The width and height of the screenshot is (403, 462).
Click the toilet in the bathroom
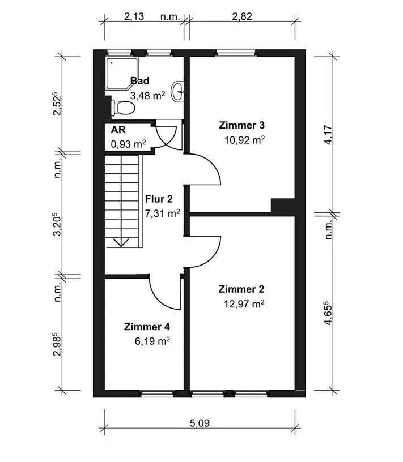(x=123, y=108)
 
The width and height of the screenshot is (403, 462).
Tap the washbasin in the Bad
(x=177, y=91)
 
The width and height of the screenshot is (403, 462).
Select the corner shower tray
(x=122, y=74)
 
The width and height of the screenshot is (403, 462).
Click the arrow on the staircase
(x=121, y=242)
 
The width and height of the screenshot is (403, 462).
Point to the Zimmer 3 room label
(x=241, y=125)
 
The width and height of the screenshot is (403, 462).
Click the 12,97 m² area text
(x=244, y=303)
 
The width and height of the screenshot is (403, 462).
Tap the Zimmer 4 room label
(x=147, y=327)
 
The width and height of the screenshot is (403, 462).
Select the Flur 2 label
(x=159, y=199)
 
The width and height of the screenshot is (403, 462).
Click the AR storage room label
(x=118, y=130)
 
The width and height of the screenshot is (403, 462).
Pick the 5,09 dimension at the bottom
(x=200, y=423)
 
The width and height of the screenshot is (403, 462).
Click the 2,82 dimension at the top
(x=242, y=16)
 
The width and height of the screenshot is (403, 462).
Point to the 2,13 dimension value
(x=134, y=16)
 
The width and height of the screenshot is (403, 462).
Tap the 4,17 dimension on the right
(x=328, y=135)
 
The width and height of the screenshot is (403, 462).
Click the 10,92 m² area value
(x=244, y=140)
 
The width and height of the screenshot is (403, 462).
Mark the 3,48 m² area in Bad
(x=147, y=96)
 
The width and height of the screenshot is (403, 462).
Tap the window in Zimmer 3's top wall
(x=236, y=53)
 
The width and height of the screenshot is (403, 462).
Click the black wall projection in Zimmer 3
(x=283, y=206)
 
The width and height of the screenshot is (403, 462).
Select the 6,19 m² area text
(x=152, y=341)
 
